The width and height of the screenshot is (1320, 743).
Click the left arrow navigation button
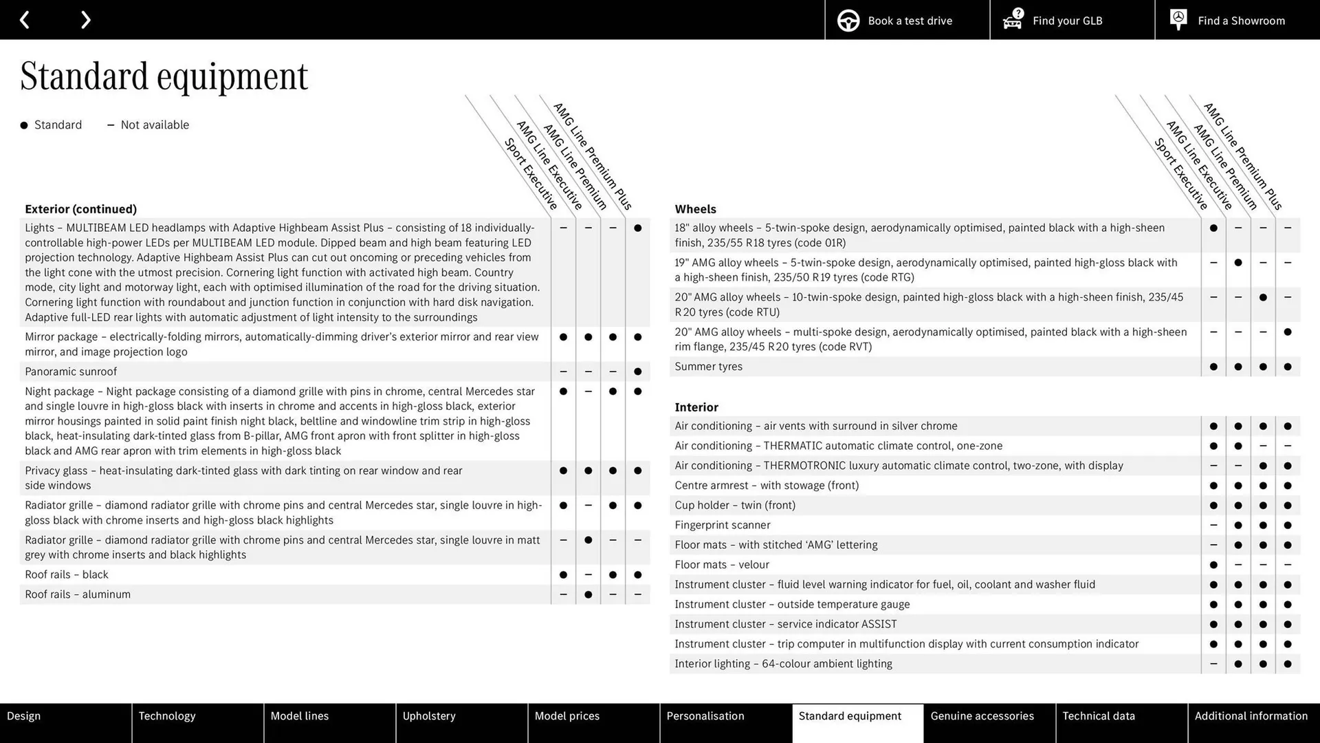pos(25,20)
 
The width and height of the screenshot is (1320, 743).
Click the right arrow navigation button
pos(85,20)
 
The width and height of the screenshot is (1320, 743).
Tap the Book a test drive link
pos(907,21)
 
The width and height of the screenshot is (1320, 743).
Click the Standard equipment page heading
pos(164,76)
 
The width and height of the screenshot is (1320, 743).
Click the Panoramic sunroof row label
pos(71,371)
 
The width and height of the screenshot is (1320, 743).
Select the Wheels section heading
pos(695,209)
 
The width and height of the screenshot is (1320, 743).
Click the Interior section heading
pos(696,407)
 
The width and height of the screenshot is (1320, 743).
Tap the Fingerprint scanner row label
pos(722,525)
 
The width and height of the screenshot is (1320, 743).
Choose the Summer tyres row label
pos(708,367)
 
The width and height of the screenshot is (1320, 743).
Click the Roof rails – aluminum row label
pos(78,594)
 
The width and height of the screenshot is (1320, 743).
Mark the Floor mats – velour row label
pos(721,565)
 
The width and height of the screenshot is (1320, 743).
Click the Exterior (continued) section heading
pos(80,209)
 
